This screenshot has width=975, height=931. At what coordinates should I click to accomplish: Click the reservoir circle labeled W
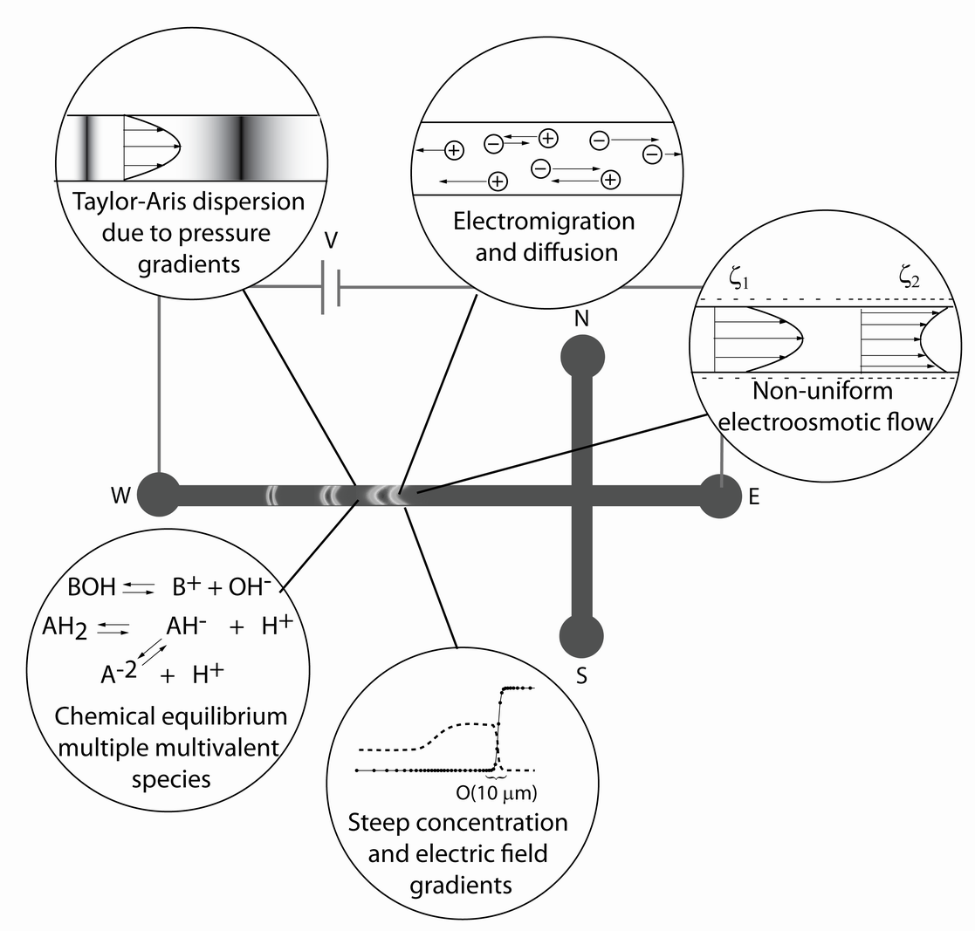point(159,494)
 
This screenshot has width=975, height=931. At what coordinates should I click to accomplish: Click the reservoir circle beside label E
point(720,496)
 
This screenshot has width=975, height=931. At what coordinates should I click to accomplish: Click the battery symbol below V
point(330,286)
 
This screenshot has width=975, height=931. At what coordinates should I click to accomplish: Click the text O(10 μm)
point(496,793)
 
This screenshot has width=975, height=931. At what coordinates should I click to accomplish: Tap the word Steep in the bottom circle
point(380,823)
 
